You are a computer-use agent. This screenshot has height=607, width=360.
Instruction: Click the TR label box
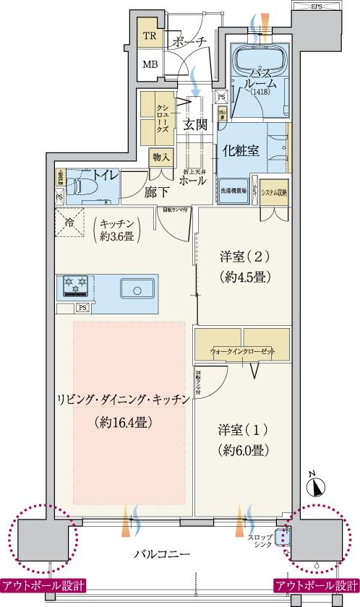tap(150, 35)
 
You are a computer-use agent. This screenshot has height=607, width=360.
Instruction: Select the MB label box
tap(150, 64)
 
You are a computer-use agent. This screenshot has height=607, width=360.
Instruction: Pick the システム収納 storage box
tap(274, 192)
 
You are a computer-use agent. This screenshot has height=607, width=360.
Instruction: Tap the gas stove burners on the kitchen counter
tap(75, 287)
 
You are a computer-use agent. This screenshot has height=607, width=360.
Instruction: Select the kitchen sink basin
tap(135, 290)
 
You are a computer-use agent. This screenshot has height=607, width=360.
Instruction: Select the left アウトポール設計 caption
tap(43, 585)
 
